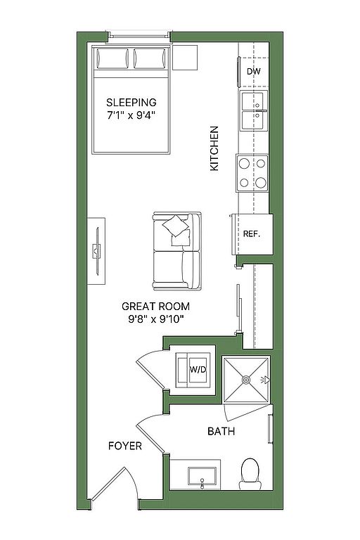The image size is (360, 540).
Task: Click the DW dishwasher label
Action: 254,72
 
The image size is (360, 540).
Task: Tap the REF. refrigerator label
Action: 252,234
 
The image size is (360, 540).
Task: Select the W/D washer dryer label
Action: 198,370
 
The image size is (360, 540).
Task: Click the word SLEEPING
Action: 131,102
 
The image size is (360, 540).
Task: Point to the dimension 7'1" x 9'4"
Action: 131,115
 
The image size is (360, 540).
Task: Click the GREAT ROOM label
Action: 155,306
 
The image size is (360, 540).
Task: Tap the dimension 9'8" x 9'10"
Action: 155,319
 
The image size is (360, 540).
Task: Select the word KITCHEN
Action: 214,148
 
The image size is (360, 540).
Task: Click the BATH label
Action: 221,431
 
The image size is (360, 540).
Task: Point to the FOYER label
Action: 125,446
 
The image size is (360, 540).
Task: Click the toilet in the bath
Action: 250,474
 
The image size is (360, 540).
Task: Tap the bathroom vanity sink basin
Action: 202,476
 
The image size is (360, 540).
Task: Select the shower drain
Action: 246,380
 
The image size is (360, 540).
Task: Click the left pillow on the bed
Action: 112,58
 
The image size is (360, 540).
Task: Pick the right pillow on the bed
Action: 150,58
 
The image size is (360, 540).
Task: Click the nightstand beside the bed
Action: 185,57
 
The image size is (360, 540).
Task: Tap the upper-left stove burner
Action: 244,164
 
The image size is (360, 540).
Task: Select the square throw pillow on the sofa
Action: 175,226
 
